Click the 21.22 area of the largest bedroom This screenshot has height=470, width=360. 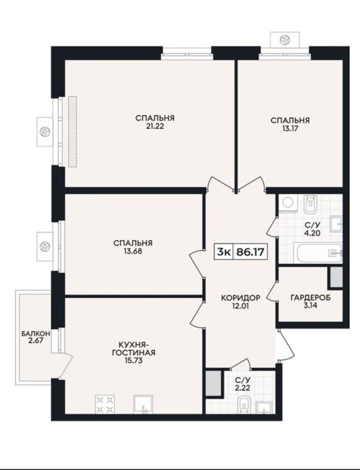[x=154, y=126]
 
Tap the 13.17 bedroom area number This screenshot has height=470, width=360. [x=290, y=129]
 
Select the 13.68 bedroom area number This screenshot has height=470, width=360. [x=133, y=251]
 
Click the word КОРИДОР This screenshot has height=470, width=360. [x=240, y=298]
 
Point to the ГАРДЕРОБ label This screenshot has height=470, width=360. [x=310, y=297]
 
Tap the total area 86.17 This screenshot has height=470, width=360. [x=251, y=252]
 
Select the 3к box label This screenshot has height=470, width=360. [x=224, y=252]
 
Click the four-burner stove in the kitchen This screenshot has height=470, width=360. [x=105, y=404]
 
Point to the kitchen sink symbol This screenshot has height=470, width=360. [x=143, y=404]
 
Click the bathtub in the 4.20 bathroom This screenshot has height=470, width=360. [x=318, y=253]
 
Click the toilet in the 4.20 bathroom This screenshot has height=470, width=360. [x=310, y=204]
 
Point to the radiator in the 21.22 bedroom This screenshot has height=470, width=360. [x=73, y=132]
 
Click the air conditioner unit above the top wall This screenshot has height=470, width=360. [x=285, y=39]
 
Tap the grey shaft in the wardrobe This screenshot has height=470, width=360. [x=336, y=277]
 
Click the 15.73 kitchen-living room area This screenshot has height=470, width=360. [x=134, y=361]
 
